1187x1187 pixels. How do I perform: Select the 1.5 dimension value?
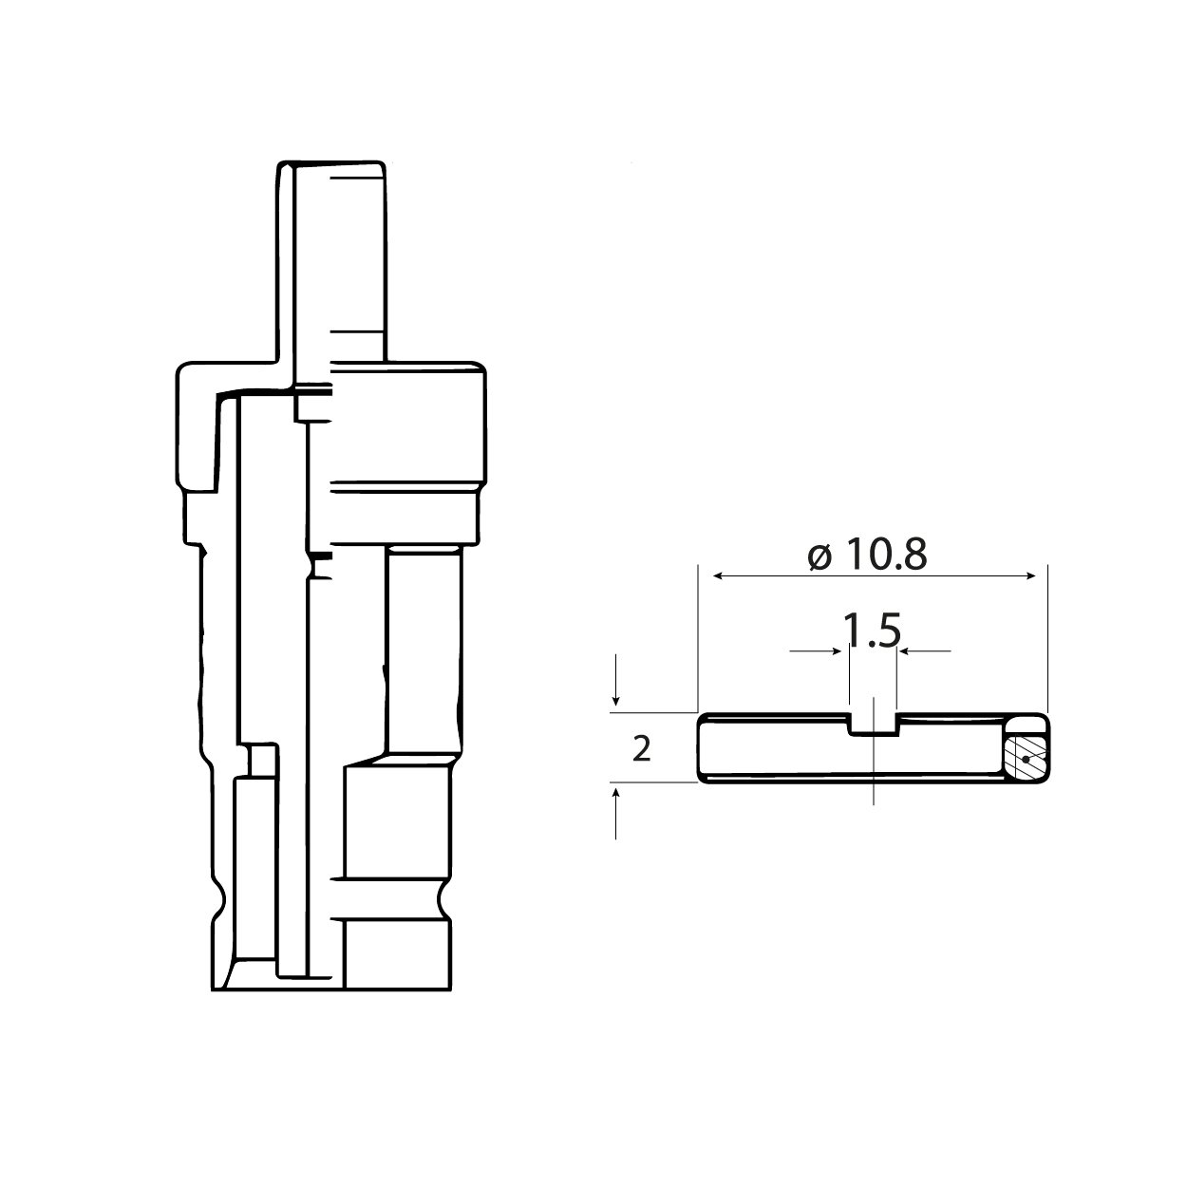[x=873, y=631]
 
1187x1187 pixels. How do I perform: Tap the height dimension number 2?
[x=641, y=749]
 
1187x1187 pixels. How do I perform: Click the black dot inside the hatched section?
[x=1026, y=760]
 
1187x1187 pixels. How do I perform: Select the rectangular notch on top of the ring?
[x=872, y=724]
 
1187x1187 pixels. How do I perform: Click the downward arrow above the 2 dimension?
[x=617, y=698]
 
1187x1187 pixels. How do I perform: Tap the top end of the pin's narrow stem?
[x=332, y=166]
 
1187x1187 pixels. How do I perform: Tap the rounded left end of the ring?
[x=701, y=748]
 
